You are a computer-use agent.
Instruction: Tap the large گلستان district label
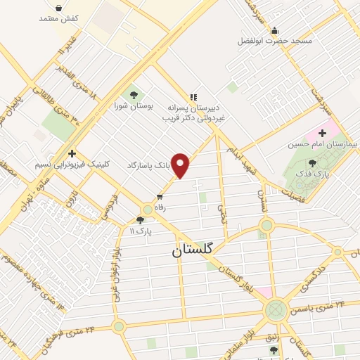201,250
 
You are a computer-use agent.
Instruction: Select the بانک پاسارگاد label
148,165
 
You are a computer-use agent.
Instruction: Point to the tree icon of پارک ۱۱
140,220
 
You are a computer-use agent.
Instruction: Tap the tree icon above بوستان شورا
132,95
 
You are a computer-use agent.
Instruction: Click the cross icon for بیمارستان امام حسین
323,132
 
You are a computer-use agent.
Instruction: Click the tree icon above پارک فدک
312,163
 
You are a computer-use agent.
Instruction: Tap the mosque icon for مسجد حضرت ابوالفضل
274,30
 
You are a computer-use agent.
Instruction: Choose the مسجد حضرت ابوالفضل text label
274,41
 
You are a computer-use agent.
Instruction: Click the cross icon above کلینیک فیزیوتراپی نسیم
72,153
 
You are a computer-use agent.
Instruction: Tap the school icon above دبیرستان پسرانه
193,98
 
